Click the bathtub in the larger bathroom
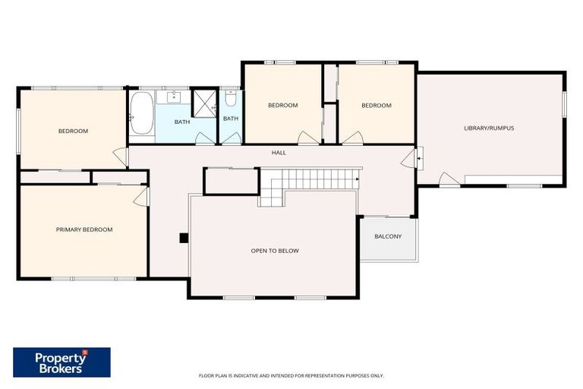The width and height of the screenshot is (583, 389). click(x=142, y=117)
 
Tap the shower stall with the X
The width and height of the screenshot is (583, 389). click(x=203, y=104)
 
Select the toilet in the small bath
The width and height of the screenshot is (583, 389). click(x=231, y=99)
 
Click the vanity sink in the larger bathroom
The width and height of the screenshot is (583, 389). click(x=175, y=96)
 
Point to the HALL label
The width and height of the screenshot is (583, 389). click(x=279, y=153)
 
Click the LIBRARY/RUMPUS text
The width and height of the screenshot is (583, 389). click(x=489, y=128)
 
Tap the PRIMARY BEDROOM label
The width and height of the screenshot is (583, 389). click(x=84, y=229)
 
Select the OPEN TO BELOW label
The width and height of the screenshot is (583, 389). click(x=275, y=250)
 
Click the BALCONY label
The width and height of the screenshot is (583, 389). click(x=388, y=236)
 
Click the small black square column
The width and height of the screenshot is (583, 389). click(x=184, y=238)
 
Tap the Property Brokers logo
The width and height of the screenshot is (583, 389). click(x=61, y=362)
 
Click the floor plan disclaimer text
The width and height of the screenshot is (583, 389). click(x=291, y=375)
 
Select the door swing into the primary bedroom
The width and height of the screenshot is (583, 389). click(x=140, y=197)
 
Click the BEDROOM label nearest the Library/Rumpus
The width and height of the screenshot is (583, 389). click(x=376, y=106)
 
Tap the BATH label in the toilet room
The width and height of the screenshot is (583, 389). click(x=231, y=119)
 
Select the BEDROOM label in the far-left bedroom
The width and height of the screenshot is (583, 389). click(x=73, y=131)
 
